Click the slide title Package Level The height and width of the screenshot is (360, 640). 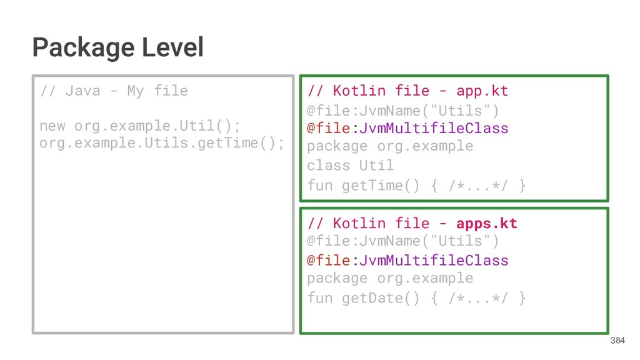point(118,47)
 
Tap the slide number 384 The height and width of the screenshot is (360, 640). point(617,341)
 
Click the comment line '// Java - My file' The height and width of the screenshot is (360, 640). point(113,91)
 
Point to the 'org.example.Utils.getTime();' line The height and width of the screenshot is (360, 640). point(161,143)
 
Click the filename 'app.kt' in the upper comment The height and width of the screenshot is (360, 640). point(482,91)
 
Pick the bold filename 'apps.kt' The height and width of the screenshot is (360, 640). point(486,223)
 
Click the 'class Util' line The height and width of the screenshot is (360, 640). point(350,166)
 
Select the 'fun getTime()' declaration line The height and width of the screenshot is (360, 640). point(416,186)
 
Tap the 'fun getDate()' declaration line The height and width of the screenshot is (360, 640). point(416,298)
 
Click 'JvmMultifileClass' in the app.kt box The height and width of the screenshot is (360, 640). point(433,128)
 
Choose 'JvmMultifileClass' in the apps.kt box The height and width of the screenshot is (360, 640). point(433,260)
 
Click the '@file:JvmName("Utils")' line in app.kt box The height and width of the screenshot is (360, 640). point(402,111)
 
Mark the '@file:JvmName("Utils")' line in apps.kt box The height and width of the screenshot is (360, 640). point(402,241)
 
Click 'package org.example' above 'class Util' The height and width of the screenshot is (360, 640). point(390,146)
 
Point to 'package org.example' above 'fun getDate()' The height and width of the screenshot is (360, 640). point(390,278)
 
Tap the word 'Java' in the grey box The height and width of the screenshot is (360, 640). point(82,91)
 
